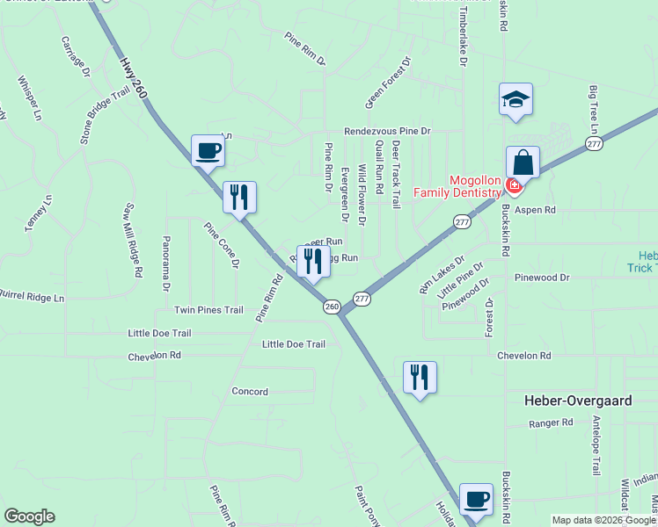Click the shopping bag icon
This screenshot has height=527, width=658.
[523, 163]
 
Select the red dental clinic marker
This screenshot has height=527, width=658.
[514, 186]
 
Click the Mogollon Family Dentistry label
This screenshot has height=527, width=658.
[475, 187]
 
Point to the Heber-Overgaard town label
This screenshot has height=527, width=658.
[577, 400]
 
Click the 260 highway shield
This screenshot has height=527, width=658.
[332, 307]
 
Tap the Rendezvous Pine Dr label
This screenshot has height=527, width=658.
[387, 131]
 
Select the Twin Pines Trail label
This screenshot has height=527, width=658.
[208, 310]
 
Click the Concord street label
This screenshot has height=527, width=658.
[249, 391]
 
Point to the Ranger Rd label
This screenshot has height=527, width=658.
[551, 422]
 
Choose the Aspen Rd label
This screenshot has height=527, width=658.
[536, 210]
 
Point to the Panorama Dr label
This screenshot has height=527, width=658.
[165, 263]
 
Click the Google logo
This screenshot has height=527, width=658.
[29, 516]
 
